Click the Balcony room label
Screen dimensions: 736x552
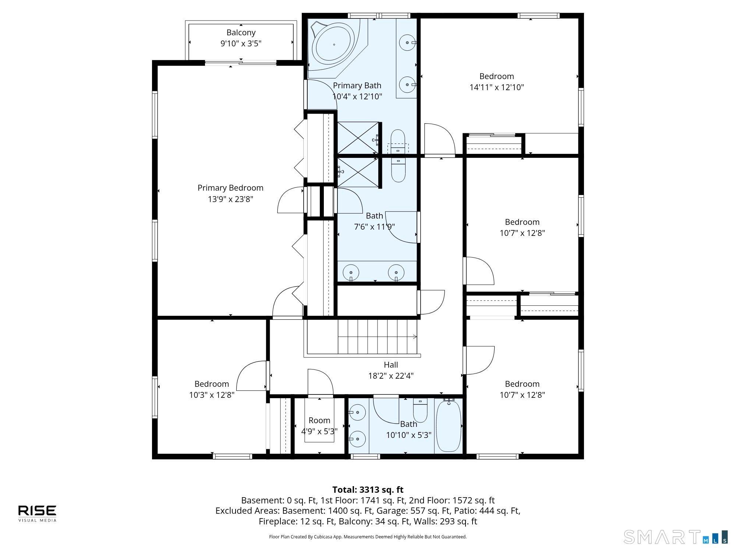[x=241, y=33]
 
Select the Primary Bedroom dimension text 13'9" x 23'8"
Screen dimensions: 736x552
[x=230, y=199]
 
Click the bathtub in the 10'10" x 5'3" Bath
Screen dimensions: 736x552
[x=448, y=426]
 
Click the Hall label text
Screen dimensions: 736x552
[x=391, y=365]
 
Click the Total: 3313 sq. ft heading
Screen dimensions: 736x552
[x=368, y=490]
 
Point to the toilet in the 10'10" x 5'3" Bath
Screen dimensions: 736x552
[x=420, y=410]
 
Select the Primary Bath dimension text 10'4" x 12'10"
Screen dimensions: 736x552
[x=357, y=96]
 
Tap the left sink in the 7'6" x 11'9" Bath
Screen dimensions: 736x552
[x=351, y=273]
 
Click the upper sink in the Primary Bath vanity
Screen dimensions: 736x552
[x=407, y=43]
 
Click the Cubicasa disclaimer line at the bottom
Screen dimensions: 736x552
[x=368, y=537]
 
